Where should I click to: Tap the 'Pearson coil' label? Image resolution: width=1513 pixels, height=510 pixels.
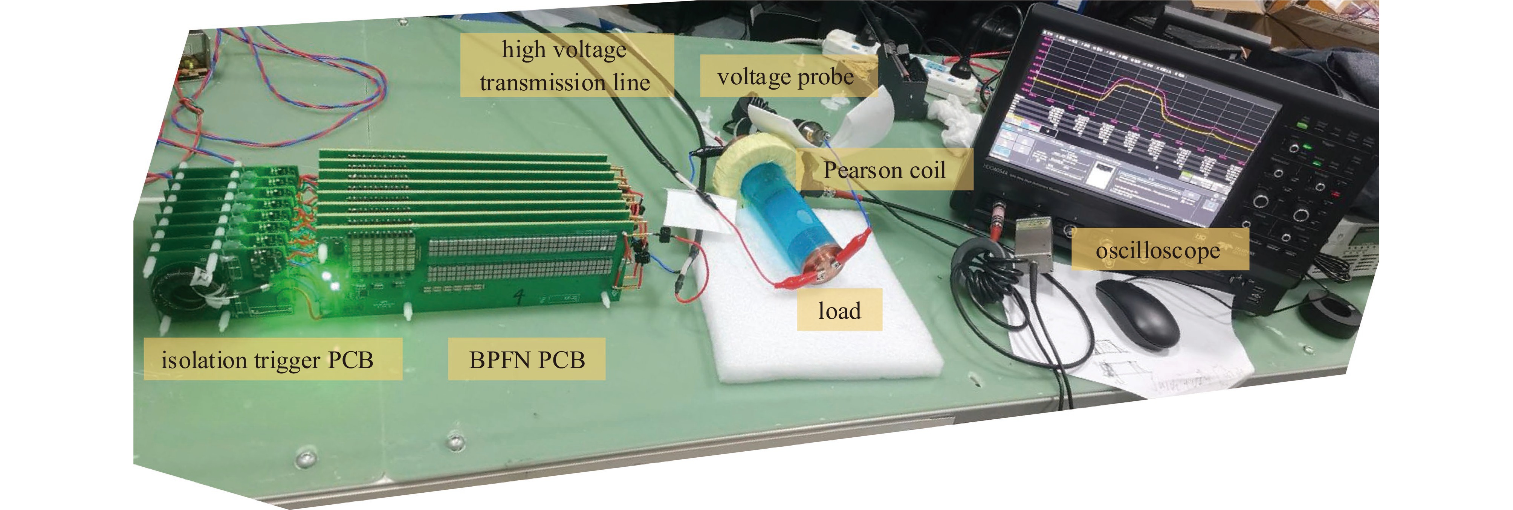pos(884,170)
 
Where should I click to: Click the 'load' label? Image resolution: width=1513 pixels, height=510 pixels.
pos(839,310)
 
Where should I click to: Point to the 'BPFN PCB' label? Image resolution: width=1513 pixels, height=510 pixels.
pos(526,359)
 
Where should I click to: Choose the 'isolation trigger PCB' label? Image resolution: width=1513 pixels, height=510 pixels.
pos(268,359)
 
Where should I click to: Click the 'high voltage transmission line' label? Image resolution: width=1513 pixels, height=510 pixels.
pos(565,65)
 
